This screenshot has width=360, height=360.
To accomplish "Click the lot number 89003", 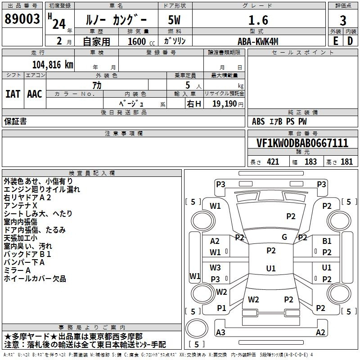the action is pos(22,19).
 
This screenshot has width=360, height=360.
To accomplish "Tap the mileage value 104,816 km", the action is pos(53,65).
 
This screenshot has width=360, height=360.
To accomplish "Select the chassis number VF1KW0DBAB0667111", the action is pos(302,143).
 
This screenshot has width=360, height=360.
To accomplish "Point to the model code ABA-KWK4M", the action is pos(258,41).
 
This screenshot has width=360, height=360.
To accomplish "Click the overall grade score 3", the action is pos(343,20).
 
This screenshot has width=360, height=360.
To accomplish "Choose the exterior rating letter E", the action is pos(336,41).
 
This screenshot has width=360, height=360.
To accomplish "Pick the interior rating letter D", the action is pos(350,41).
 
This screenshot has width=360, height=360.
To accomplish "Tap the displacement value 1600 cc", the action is pos(141,41).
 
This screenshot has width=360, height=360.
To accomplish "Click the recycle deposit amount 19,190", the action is pos(225,104).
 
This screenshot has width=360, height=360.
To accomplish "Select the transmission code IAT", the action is pos(13,94).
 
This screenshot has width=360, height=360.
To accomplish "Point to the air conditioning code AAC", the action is pos(35,94).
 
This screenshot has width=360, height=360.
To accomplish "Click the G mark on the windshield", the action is pos(284,237).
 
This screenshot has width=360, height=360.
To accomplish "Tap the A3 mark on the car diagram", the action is pos(220,332).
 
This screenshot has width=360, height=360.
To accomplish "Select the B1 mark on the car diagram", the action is pos(327,241).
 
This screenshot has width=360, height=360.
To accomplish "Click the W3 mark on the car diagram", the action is pos(215,267).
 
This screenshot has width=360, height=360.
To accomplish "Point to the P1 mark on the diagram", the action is pos(221,308).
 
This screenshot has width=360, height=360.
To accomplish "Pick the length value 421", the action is pos(273,162).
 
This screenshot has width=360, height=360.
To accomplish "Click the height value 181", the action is pos(346,162).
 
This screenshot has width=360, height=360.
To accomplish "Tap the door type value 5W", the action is pos(174,20).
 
